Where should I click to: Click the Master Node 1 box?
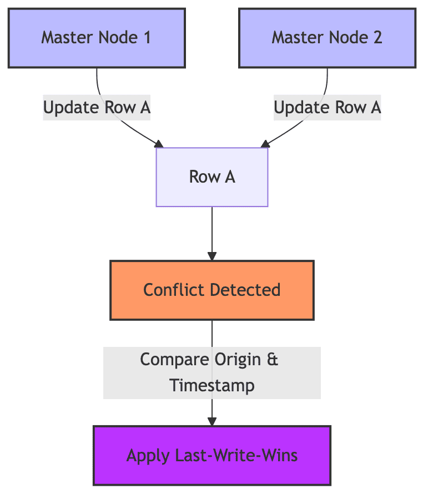pos(97,38)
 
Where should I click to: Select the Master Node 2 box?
pos(327,38)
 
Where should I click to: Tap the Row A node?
pos(212,177)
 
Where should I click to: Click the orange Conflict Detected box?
pos(212,290)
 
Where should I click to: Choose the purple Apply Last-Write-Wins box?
pos(212,456)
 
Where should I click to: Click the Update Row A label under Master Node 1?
pos(97,108)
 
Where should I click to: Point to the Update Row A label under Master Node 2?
pos(327,108)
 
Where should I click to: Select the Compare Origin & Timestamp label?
pos(212,372)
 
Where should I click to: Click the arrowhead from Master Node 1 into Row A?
pos(159,144)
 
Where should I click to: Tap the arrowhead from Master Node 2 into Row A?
pos(265,144)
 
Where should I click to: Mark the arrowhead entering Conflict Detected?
pos(212,256)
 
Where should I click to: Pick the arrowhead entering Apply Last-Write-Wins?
pos(212,422)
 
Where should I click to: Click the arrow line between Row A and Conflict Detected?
pos(212,230)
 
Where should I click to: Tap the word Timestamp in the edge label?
pos(212,385)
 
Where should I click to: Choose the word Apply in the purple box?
pos(145,456)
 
